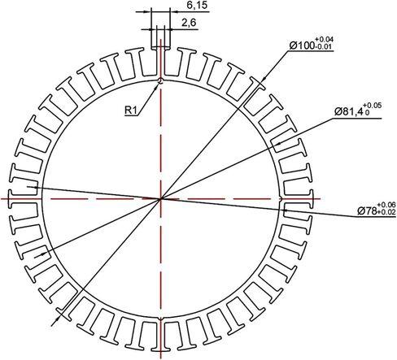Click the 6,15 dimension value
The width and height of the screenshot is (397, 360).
click(197, 5)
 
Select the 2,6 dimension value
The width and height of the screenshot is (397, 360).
click(189, 23)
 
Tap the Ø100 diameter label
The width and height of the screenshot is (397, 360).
click(302, 46)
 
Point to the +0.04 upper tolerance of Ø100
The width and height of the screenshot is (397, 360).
click(324, 40)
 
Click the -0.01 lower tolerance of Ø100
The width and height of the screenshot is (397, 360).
click(323, 46)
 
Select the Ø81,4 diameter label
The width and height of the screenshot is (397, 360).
click(349, 111)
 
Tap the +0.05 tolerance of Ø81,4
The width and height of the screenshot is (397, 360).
click(373, 106)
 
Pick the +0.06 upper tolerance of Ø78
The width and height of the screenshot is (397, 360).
click(386, 205)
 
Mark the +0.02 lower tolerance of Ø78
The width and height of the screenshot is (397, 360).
click(386, 212)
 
